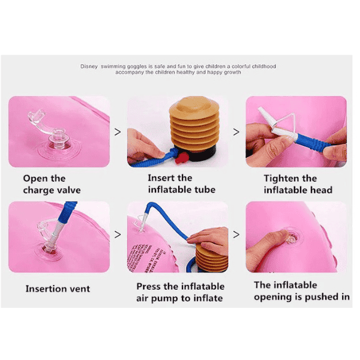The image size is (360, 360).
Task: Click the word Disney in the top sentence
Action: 89,67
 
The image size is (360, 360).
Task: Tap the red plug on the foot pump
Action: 182,158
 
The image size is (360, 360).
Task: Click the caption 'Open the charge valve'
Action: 52,184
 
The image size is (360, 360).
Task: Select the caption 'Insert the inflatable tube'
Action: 182,184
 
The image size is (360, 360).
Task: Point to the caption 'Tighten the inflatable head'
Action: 298,184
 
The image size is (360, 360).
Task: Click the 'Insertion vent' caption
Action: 58,289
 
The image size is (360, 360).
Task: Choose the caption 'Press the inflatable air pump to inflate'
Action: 181,293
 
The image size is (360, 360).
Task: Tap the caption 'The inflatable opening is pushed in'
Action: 302,291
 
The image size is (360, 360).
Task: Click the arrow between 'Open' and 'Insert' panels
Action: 118,132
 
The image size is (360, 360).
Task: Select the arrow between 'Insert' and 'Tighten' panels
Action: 236,132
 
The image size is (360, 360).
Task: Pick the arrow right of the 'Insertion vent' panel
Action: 118,235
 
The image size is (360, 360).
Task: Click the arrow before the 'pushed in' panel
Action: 236,235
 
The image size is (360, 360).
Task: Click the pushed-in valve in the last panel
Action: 291,238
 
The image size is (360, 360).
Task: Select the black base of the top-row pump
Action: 202,154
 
